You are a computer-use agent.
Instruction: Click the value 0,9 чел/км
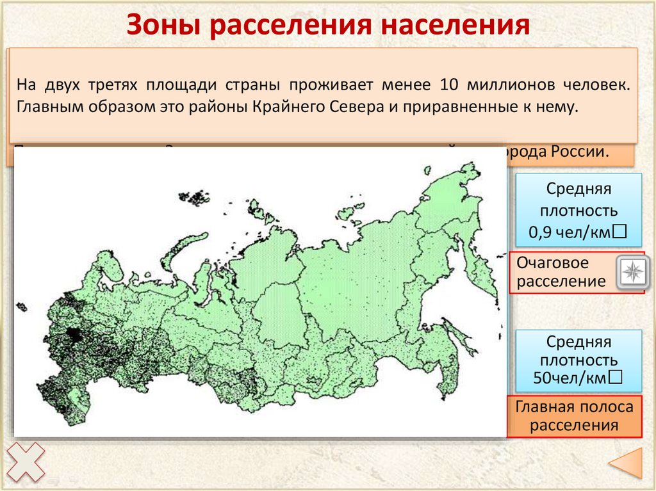coord(577,233)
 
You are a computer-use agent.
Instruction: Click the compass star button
coord(632,273)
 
